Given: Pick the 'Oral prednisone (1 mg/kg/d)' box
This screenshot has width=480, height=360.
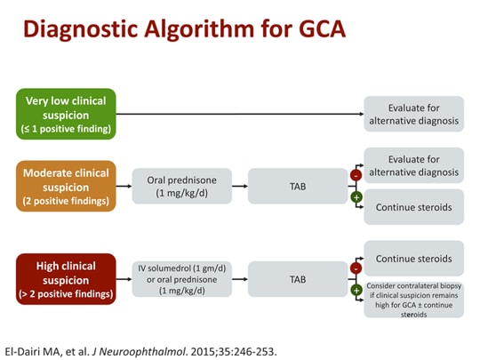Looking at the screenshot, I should click(x=181, y=185).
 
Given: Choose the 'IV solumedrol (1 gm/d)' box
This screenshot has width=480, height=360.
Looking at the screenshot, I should click(x=181, y=278).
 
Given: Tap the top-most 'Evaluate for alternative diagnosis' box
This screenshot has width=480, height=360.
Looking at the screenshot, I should click(x=413, y=114).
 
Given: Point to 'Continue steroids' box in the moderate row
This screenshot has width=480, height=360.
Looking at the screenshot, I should click(x=413, y=207).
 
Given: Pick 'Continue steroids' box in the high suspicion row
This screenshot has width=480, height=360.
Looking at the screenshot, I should click(x=413, y=259).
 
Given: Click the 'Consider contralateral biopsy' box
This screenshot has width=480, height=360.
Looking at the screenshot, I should click(x=413, y=300).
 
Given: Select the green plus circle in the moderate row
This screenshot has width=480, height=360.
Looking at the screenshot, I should click(x=356, y=196).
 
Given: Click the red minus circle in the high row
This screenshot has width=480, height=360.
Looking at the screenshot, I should click(x=356, y=268).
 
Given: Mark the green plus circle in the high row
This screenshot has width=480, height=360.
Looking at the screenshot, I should click(x=356, y=289).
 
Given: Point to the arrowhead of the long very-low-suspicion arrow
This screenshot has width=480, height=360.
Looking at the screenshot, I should click(x=360, y=114).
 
